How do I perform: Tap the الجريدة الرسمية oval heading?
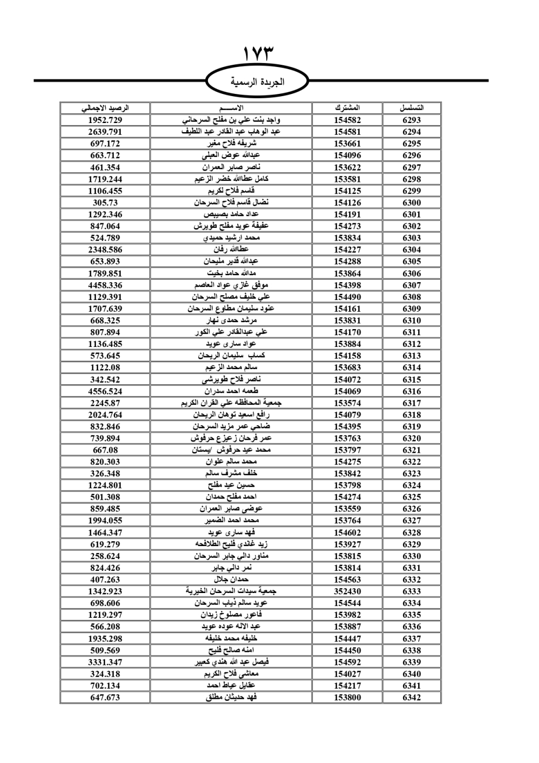tap(258, 82)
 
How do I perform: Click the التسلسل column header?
tap(411, 108)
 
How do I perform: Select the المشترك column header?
tap(347, 108)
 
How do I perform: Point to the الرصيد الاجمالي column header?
tap(105, 108)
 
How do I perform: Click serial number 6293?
tap(411, 120)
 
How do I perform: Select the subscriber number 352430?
tap(347, 591)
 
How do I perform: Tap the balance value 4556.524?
tap(105, 391)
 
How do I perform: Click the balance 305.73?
tap(105, 202)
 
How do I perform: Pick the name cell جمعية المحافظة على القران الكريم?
tap(231, 403)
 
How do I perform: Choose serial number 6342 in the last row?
tap(411, 697)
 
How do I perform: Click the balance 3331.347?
tap(105, 662)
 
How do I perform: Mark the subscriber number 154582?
tap(347, 120)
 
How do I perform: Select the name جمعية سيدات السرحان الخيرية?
tap(231, 591)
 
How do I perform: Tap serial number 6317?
tap(411, 403)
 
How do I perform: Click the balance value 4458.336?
tap(105, 285)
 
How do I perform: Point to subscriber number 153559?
tap(347, 509)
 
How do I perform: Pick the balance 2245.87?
tap(105, 403)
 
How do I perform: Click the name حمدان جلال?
tap(231, 580)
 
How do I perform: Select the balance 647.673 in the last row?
tap(105, 697)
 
